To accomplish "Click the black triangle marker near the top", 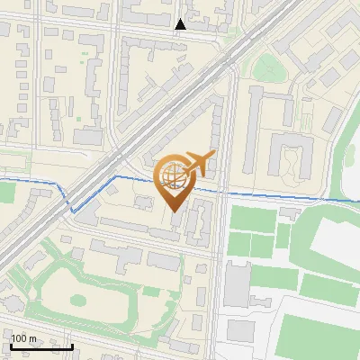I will tap(181, 24).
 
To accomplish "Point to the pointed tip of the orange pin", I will tap(173, 211).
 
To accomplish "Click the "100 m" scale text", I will tap(23, 338).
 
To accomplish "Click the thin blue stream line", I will tap(270, 195).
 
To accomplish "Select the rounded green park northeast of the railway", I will tap(267, 67).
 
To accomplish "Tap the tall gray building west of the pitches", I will tap(236, 283).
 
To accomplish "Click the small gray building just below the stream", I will tap(290, 212).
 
